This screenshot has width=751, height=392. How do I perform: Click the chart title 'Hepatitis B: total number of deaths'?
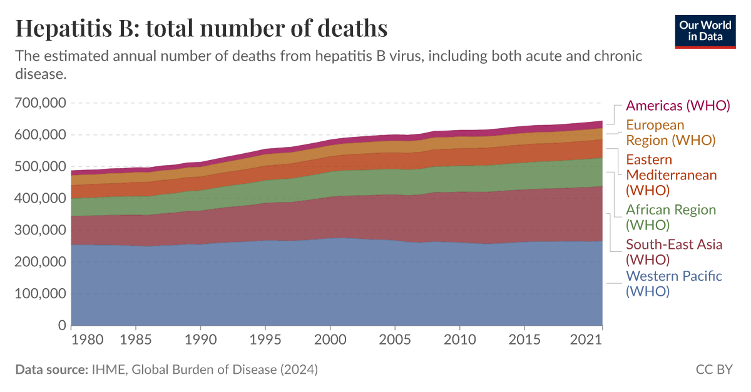[x=201, y=28]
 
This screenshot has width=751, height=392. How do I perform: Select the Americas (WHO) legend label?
[x=678, y=105]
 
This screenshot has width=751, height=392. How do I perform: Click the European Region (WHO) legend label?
[x=670, y=133]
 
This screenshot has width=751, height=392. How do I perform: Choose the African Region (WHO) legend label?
[x=670, y=217]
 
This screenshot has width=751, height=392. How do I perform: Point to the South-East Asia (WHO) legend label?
[x=674, y=251]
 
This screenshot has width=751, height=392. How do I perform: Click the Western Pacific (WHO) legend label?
[x=673, y=283]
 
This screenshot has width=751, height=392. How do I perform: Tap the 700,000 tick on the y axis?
[x=39, y=103]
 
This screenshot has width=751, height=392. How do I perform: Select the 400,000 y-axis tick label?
[x=39, y=198]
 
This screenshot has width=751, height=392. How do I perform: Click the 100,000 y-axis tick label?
[x=39, y=293]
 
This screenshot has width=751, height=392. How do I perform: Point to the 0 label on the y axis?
[x=61, y=325]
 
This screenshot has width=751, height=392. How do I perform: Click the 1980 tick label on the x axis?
[x=87, y=340]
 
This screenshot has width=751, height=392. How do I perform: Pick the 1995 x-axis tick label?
[x=265, y=340]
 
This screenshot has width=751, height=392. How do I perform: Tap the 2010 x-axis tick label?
[x=459, y=340]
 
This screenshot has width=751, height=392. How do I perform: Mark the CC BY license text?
[x=713, y=369]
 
